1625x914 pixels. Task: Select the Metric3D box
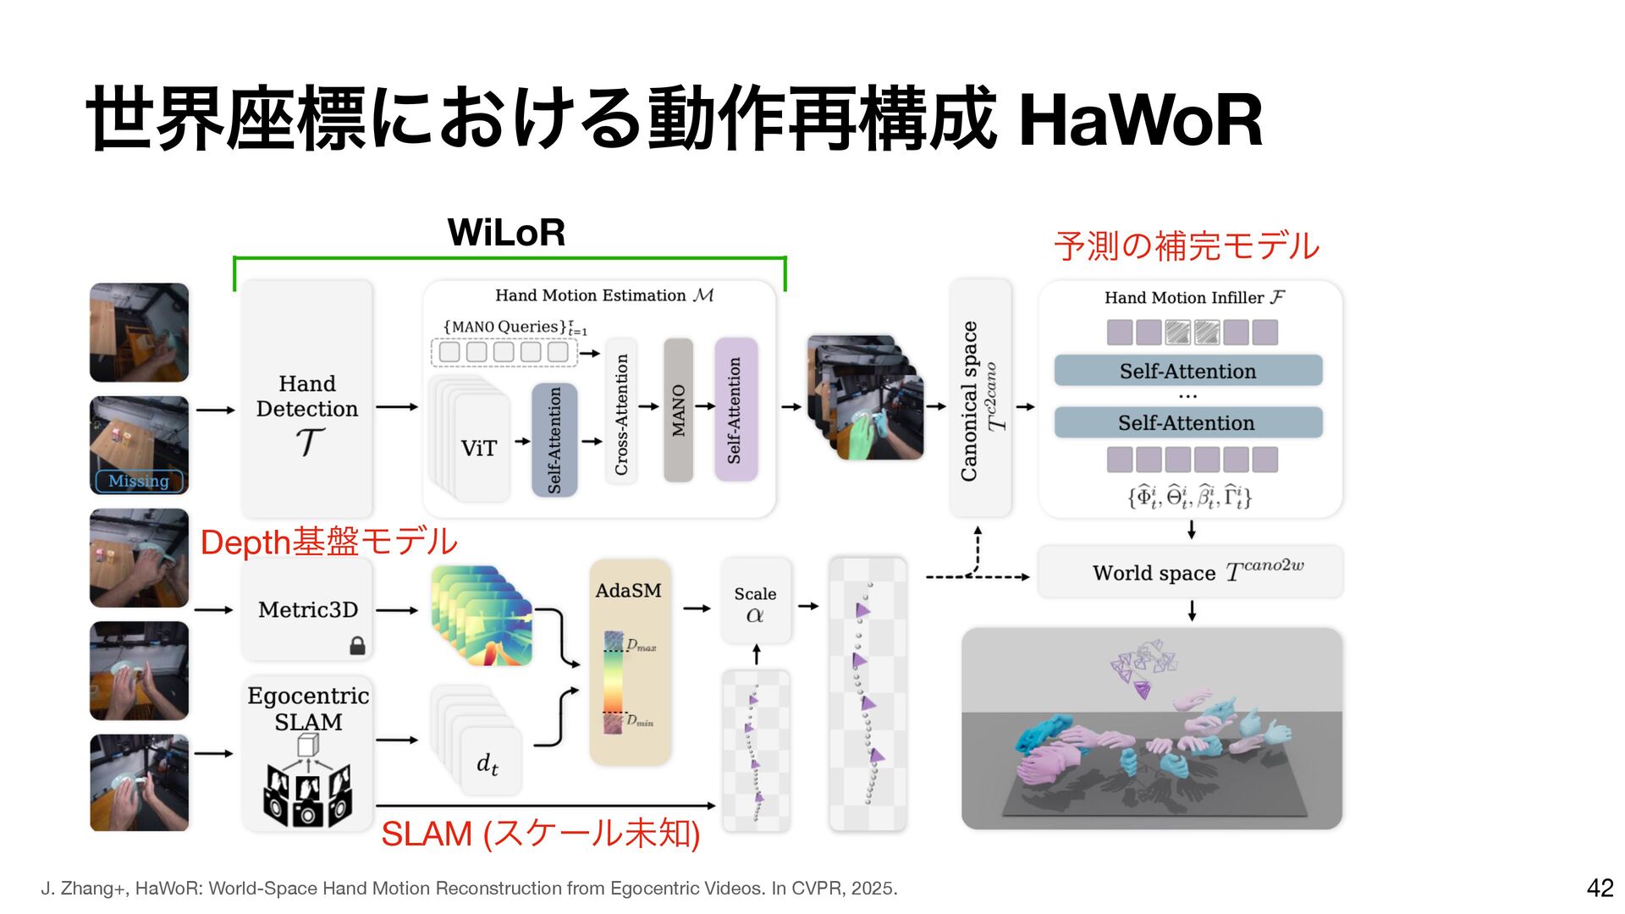click(307, 609)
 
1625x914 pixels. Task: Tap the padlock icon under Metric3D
click(358, 647)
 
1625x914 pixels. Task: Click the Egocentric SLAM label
click(308, 709)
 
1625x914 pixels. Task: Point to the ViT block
click(480, 449)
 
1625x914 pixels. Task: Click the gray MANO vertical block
click(678, 410)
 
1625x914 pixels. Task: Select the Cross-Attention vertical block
click(621, 413)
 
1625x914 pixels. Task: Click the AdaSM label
click(628, 591)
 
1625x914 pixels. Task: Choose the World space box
click(1190, 572)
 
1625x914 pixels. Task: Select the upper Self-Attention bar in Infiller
click(1187, 372)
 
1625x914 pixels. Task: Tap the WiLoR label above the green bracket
click(506, 233)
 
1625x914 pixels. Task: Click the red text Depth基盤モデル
click(328, 542)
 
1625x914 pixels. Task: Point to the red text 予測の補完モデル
click(1187, 246)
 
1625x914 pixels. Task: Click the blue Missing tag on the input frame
click(139, 481)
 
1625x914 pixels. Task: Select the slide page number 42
click(1600, 888)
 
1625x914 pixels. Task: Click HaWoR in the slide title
click(1140, 121)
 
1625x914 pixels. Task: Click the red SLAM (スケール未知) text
click(540, 834)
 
